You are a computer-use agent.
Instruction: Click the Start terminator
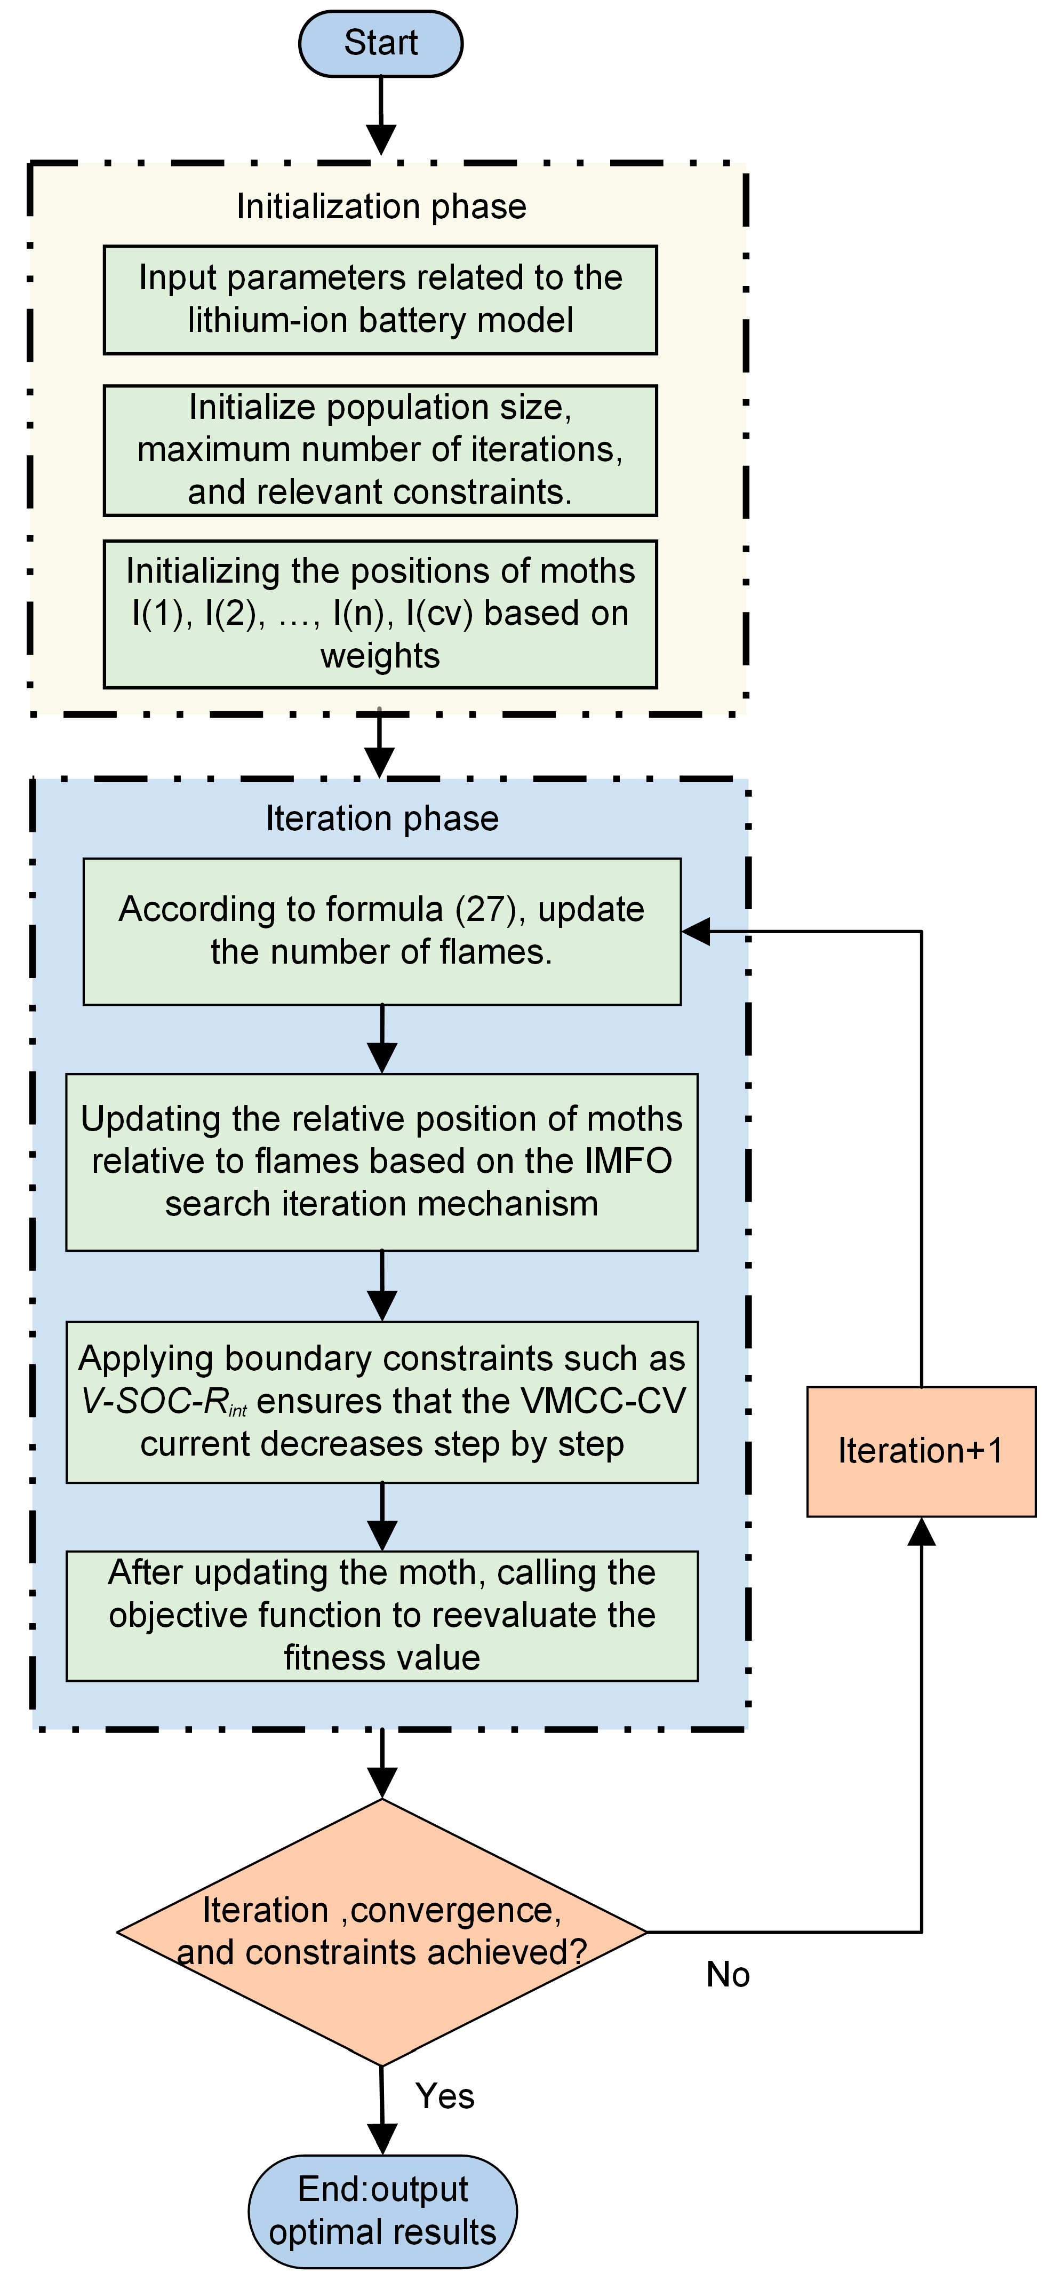pyautogui.click(x=381, y=43)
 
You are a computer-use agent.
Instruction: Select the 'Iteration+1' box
pyautogui.click(x=921, y=1451)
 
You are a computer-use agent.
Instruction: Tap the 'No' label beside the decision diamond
pyautogui.click(x=728, y=1974)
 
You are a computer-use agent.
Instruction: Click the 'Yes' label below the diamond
pyautogui.click(x=444, y=2095)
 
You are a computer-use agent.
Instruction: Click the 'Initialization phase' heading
pyautogui.click(x=381, y=206)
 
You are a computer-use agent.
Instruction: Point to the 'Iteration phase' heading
pyautogui.click(x=382, y=818)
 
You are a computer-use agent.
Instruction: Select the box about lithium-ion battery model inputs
pyautogui.click(x=381, y=300)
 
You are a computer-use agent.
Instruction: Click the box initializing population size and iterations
pyautogui.click(x=381, y=450)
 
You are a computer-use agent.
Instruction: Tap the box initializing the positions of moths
pyautogui.click(x=381, y=614)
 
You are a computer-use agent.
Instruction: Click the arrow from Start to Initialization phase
pyautogui.click(x=381, y=116)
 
